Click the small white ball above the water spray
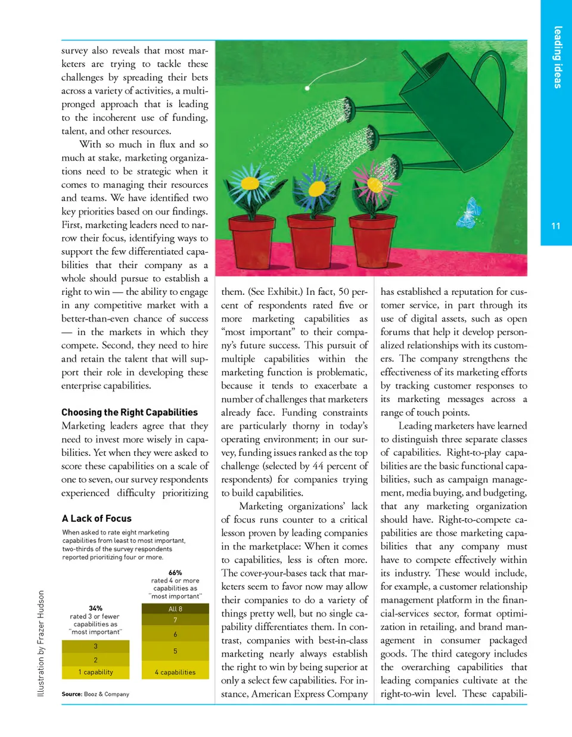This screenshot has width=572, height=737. pyautogui.click(x=308, y=88)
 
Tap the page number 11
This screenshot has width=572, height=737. pyautogui.click(x=556, y=226)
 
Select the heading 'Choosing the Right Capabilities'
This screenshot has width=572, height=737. pyautogui.click(x=129, y=412)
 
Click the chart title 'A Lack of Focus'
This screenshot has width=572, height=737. pyautogui.click(x=97, y=518)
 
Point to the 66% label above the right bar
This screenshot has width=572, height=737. pyautogui.click(x=175, y=573)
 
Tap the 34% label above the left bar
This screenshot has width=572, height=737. pyautogui.click(x=95, y=608)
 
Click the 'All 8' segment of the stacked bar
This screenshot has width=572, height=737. pyautogui.click(x=175, y=609)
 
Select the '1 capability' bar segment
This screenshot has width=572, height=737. pyautogui.click(x=95, y=672)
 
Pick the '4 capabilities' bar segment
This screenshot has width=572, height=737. pyautogui.click(x=175, y=672)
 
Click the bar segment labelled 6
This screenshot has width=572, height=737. pyautogui.click(x=175, y=635)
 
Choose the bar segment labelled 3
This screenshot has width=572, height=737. pyautogui.click(x=95, y=646)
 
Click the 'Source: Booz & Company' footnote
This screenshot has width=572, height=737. pyautogui.click(x=95, y=694)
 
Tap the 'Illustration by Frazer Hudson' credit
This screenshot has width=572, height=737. pyautogui.click(x=41, y=643)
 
